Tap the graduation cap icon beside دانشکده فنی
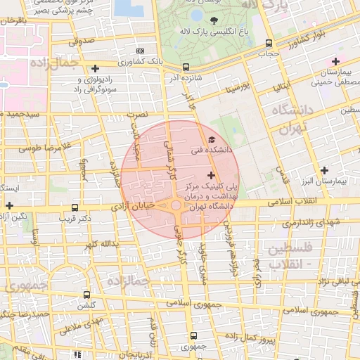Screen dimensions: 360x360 pos(212,140)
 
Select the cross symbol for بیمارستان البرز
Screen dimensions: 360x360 pos(324,170)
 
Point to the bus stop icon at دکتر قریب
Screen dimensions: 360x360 pos(75,207)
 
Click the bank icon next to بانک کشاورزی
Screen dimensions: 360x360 pos(140,51)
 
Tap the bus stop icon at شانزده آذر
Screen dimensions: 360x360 pos(186,67)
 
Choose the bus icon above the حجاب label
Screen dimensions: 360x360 pos(269,41)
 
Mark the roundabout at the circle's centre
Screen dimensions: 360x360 pos(175,205)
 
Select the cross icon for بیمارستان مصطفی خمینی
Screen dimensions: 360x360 pos(336,61)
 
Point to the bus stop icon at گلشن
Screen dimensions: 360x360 pos(86,295)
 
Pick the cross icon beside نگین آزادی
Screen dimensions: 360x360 pos(8,205)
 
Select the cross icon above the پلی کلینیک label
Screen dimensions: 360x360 pos(211,174)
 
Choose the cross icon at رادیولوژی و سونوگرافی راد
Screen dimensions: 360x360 pos(95,68)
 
